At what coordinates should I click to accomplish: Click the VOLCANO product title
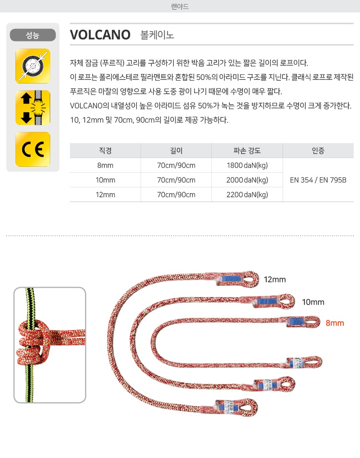(100, 35)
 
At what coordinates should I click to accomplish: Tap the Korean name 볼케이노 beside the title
(157, 35)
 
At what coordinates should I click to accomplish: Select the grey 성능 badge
(33, 35)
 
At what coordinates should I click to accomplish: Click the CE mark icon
(33, 149)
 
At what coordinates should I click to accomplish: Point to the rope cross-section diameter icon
(33, 66)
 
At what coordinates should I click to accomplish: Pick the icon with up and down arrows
(33, 108)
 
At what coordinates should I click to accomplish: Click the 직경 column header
(105, 151)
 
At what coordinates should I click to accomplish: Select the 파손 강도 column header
(247, 151)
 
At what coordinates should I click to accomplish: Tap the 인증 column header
(318, 151)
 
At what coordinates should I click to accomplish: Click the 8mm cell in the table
(105, 166)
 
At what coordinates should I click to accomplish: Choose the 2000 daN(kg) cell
(247, 180)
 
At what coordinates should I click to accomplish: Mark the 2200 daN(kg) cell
(247, 194)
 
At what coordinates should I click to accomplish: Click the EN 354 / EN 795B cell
(318, 180)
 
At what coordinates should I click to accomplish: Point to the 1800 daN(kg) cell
(247, 166)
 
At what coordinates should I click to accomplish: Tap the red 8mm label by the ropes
(334, 323)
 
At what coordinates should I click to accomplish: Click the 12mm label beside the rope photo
(275, 279)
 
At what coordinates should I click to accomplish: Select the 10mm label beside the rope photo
(313, 302)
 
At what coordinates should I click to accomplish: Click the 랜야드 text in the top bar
(180, 6)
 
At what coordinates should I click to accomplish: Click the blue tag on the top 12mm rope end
(232, 278)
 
